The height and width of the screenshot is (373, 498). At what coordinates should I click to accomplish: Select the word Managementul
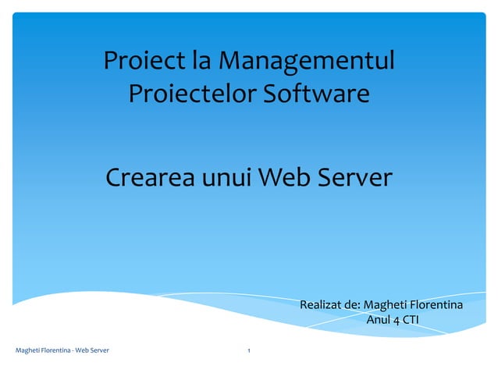click(306, 60)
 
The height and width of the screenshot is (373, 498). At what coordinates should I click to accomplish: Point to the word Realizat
click(324, 304)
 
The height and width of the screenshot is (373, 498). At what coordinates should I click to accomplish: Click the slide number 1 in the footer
click(248, 351)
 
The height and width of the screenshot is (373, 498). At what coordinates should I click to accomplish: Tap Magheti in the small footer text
click(29, 351)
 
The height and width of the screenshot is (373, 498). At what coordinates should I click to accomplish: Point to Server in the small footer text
click(99, 351)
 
